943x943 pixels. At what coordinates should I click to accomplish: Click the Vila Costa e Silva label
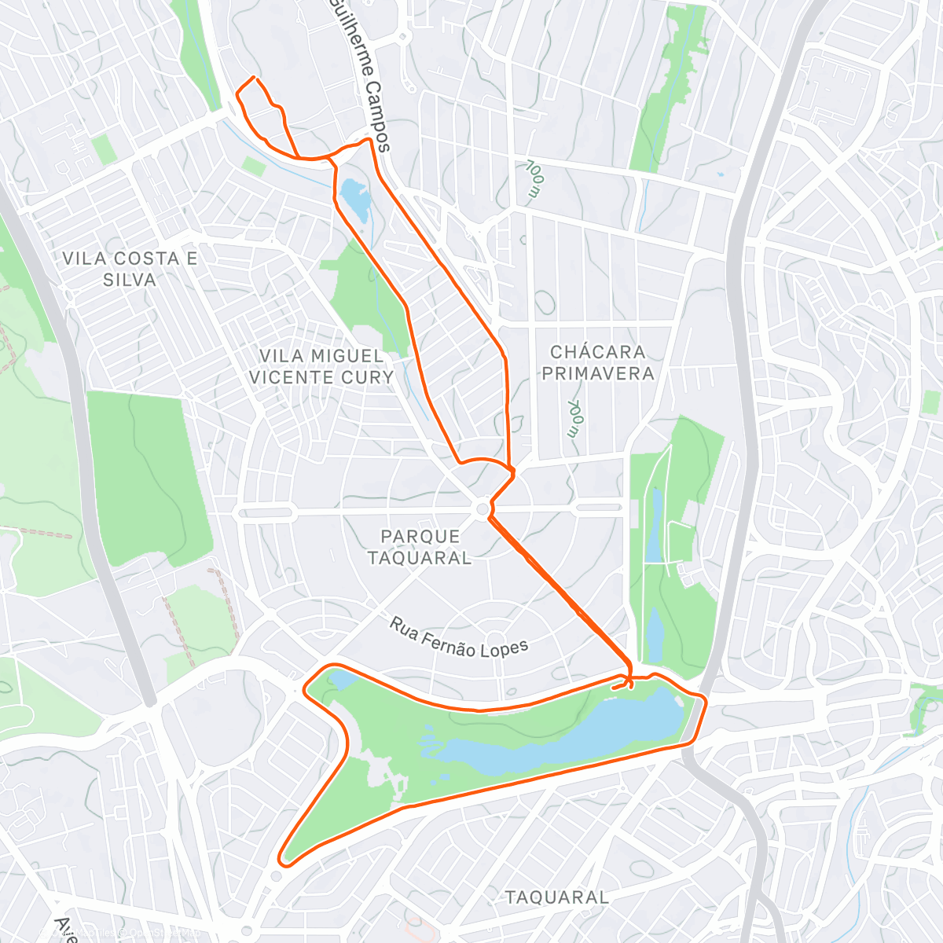point(130,269)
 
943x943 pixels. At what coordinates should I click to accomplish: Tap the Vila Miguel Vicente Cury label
point(321,367)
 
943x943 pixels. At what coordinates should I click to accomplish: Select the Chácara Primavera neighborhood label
point(598,362)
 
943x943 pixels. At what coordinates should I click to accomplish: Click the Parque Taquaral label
point(420,547)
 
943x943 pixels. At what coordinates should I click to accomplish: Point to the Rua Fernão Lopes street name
point(460,637)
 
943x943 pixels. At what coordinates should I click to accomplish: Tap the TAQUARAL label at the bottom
point(556,897)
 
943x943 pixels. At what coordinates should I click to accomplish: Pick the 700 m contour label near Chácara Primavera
point(575,418)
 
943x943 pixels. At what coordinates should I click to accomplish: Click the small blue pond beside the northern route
point(354,199)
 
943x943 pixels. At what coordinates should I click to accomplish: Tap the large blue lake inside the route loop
point(566,735)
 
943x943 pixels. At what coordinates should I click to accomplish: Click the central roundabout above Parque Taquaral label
point(483,511)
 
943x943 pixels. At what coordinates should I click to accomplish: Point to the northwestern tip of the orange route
point(253,77)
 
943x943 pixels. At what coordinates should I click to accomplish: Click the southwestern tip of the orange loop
point(283,863)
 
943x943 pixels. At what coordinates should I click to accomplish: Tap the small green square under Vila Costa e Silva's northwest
point(103,149)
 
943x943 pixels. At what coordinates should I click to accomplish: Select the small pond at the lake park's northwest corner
point(342,679)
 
